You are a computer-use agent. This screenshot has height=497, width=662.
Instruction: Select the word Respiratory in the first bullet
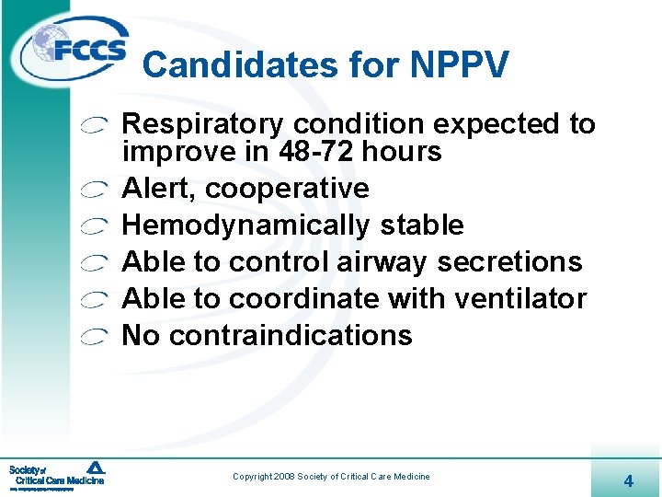pos(203,125)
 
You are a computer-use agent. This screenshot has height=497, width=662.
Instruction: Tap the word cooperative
pos(287,189)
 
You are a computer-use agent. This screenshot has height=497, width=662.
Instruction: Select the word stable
pos(417,225)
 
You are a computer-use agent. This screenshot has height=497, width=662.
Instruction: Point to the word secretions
pos(509,262)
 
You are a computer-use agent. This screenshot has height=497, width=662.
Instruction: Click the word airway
pos(382,263)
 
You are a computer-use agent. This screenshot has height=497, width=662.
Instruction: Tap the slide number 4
pos(628,480)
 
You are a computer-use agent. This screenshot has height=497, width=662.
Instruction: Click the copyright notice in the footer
pos(331,477)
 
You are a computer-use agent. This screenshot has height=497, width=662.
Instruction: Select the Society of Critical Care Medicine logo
pos(57,474)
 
